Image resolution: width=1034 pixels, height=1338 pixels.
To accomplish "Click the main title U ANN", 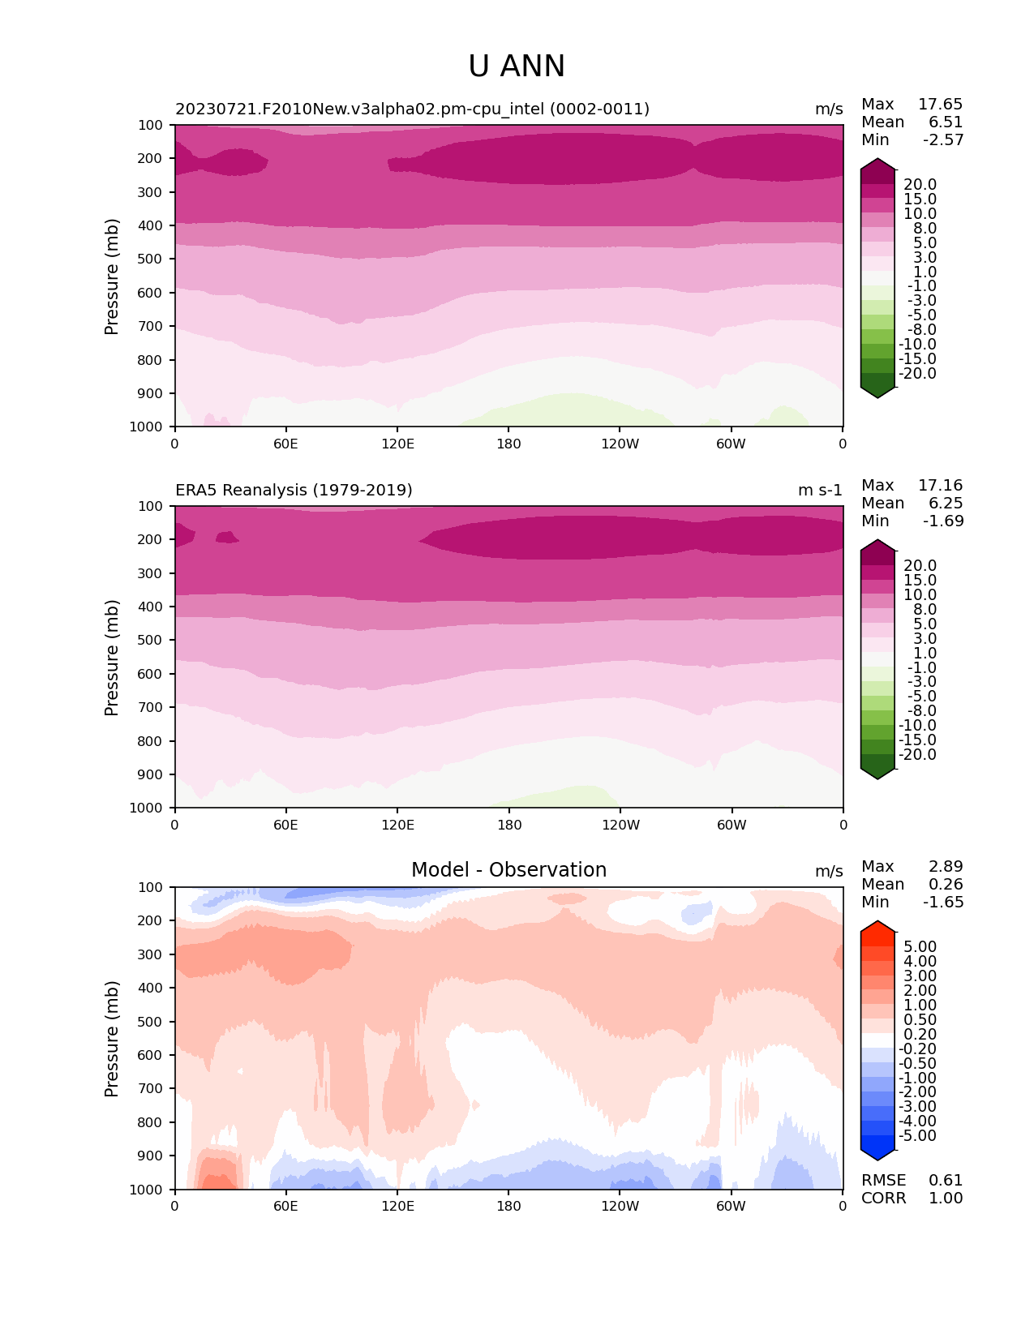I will pos(517,66).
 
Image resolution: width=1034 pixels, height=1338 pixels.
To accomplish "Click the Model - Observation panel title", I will pos(508,870).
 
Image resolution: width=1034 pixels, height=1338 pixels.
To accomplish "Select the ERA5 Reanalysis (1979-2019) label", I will pos(294,491).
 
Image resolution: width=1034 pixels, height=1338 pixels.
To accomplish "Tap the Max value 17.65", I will pos(940,105).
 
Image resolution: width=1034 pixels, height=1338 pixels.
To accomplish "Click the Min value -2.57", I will pos(943,140).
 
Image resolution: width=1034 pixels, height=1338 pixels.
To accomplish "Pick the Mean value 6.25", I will pos(946,504).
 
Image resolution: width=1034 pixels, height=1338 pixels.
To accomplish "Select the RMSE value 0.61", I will pos(946,1181).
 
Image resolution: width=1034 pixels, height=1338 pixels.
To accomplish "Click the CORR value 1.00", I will pos(946,1199).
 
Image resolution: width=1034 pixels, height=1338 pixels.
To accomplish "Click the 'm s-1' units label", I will pos(820,491).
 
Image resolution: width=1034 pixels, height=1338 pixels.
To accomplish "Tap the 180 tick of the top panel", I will pos(508,444).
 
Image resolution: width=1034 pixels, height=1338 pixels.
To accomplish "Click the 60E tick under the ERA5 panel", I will pos(285,826).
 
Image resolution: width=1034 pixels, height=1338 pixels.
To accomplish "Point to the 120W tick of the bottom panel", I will pos(620,1207).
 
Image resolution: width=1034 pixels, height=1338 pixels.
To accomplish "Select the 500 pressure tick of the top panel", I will pos(152,259).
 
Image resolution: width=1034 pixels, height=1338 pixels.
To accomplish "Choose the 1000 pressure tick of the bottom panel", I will pos(148,1190).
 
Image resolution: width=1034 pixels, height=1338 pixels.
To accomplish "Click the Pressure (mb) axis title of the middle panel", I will pos(112,658).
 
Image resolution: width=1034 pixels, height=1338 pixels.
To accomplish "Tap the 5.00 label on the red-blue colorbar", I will pos(920,947).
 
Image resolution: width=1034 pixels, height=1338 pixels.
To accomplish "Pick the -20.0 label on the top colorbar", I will pos(918,374).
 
